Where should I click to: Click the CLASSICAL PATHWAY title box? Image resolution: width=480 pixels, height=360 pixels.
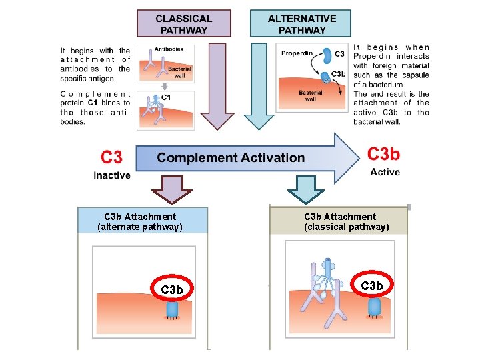pos(183,23)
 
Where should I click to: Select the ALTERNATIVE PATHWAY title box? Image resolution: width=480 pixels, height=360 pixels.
pos(301,23)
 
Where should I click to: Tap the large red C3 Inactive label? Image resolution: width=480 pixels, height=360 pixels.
pos(111,158)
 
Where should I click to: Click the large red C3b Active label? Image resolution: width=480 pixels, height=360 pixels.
pos(384,155)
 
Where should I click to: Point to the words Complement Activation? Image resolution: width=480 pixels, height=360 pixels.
pos(231,158)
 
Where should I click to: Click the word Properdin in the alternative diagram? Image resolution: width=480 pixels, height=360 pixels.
pos(297,53)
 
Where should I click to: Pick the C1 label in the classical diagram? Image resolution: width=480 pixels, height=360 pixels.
pos(167,97)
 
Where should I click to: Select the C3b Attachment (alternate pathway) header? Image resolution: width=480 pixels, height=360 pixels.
pos(141,221)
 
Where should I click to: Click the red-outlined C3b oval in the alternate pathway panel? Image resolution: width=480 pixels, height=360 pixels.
pos(172,290)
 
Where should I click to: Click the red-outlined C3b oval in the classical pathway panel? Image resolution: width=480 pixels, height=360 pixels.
pos(371,286)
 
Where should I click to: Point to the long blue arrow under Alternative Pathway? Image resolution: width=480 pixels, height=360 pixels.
pos(262,83)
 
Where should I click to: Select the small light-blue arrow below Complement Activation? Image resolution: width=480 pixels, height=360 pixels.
pos(305,189)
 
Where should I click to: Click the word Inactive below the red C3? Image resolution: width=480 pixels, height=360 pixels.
pos(112,175)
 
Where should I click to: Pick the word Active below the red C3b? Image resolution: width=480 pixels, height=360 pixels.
pos(385,172)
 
